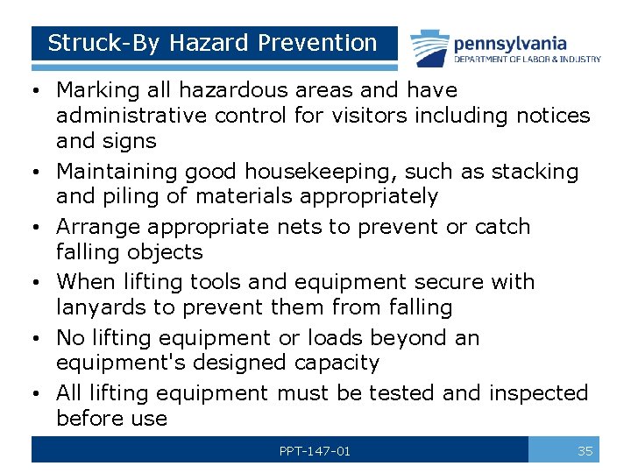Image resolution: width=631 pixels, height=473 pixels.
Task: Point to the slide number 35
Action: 585,451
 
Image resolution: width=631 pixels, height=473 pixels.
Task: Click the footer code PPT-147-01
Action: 315,451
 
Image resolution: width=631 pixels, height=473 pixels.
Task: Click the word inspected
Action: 538,393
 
